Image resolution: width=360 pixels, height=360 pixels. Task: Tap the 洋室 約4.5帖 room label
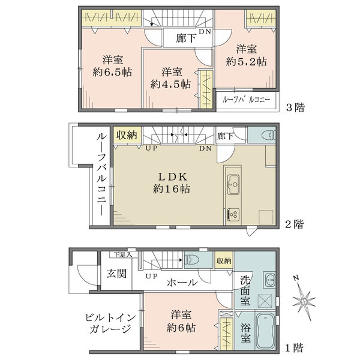[170, 77]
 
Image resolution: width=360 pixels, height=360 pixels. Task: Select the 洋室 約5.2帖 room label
[246, 55]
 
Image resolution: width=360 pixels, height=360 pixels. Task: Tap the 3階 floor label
[295, 108]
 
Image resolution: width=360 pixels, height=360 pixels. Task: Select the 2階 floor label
[294, 224]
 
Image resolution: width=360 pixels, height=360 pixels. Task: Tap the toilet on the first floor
[193, 260]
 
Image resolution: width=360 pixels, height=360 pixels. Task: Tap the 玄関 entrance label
[116, 274]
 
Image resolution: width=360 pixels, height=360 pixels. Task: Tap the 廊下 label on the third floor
[185, 38]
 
